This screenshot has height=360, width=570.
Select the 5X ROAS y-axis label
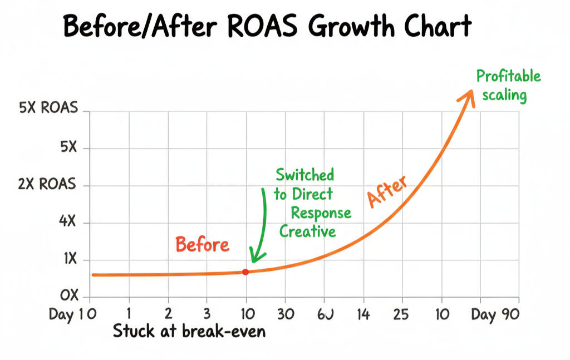click(48, 109)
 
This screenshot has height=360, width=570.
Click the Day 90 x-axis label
click(494, 315)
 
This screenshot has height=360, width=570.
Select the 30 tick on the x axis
click(286, 315)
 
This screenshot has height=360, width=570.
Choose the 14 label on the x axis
click(363, 315)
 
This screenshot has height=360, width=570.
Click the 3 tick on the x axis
click(207, 315)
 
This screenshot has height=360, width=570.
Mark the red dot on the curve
click(245, 272)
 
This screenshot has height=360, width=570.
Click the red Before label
click(202, 244)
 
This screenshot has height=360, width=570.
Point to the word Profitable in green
click(508, 76)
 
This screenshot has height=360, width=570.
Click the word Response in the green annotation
click(321, 213)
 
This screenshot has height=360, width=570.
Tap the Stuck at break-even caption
click(189, 332)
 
